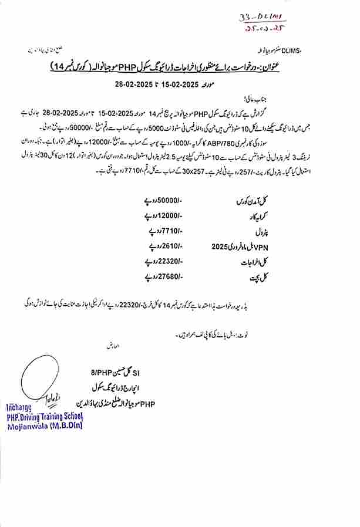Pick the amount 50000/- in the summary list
[x=169, y=201]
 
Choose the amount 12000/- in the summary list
[x=169, y=216]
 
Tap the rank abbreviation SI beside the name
[x=136, y=372]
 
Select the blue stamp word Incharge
[x=21, y=407]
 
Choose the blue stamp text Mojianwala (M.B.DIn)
[x=45, y=425]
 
